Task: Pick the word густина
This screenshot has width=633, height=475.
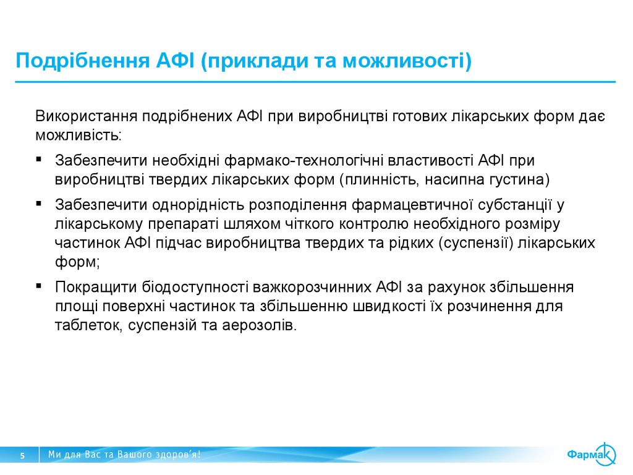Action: pyautogui.click(x=517, y=179)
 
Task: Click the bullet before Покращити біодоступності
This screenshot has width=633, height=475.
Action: pyautogui.click(x=38, y=286)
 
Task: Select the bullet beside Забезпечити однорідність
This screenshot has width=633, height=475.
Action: pyautogui.click(x=38, y=203)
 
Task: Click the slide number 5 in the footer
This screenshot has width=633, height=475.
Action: pyautogui.click(x=23, y=455)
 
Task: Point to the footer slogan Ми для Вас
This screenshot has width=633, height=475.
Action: pyautogui.click(x=124, y=455)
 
